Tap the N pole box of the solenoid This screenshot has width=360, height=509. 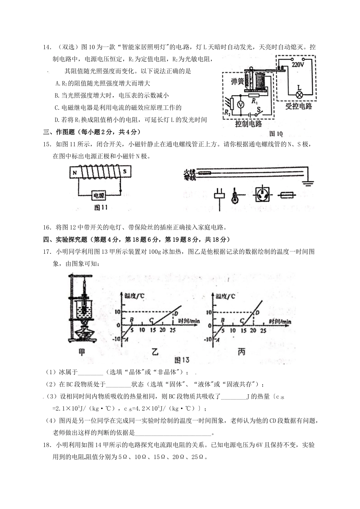[x=75, y=172]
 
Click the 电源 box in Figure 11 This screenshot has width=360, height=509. [x=99, y=195]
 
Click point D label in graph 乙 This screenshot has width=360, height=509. [x=176, y=313]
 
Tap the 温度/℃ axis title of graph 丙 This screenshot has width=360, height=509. [x=225, y=297]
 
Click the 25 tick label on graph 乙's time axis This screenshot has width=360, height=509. [x=172, y=330]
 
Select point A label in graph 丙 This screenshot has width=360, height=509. [x=217, y=340]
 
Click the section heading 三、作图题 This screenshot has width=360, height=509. [x=61, y=132]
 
